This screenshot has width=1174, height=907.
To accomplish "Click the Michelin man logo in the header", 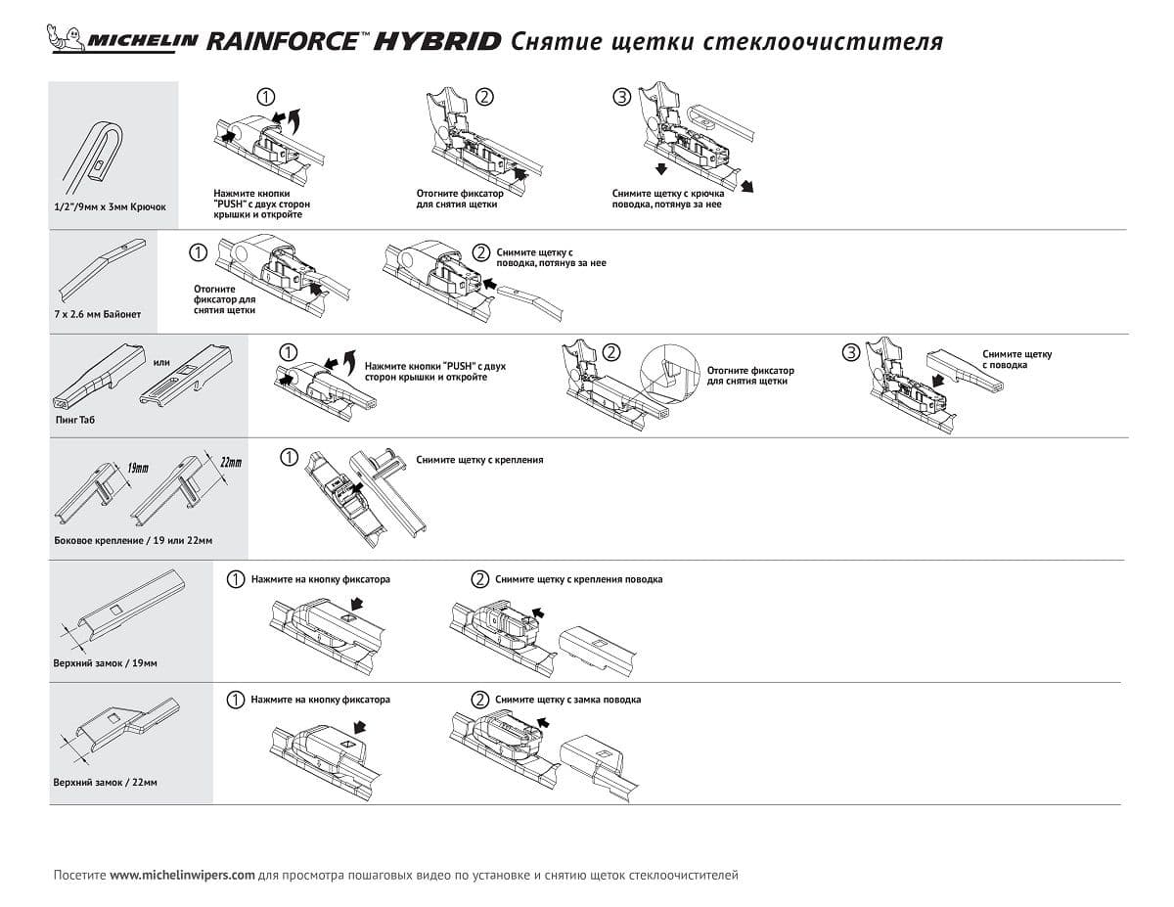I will coord(67,40).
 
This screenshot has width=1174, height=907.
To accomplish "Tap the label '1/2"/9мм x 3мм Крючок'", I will coord(111,207).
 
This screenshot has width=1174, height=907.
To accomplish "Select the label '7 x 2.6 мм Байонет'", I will coord(98,314).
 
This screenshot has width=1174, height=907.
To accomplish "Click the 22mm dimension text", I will coord(230,461).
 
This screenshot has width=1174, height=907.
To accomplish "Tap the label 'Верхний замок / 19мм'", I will coord(105,663).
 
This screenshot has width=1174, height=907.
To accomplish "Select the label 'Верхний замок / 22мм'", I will coord(105,783).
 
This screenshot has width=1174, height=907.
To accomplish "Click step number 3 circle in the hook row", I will coord(620,96).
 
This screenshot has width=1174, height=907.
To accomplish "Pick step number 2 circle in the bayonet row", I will coord(480,252).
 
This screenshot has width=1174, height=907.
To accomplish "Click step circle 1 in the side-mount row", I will coord(289,457).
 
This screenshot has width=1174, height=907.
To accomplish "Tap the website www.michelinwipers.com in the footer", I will coord(182,875).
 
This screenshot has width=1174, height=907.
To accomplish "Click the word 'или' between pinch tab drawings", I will coord(161,363).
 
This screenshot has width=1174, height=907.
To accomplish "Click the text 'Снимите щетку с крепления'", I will coord(479,459).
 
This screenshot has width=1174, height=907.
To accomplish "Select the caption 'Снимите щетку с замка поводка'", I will coord(567,700).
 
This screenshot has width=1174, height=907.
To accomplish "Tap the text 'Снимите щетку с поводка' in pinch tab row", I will coord(1017,359).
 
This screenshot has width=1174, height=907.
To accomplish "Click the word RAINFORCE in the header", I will coord(284,41).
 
